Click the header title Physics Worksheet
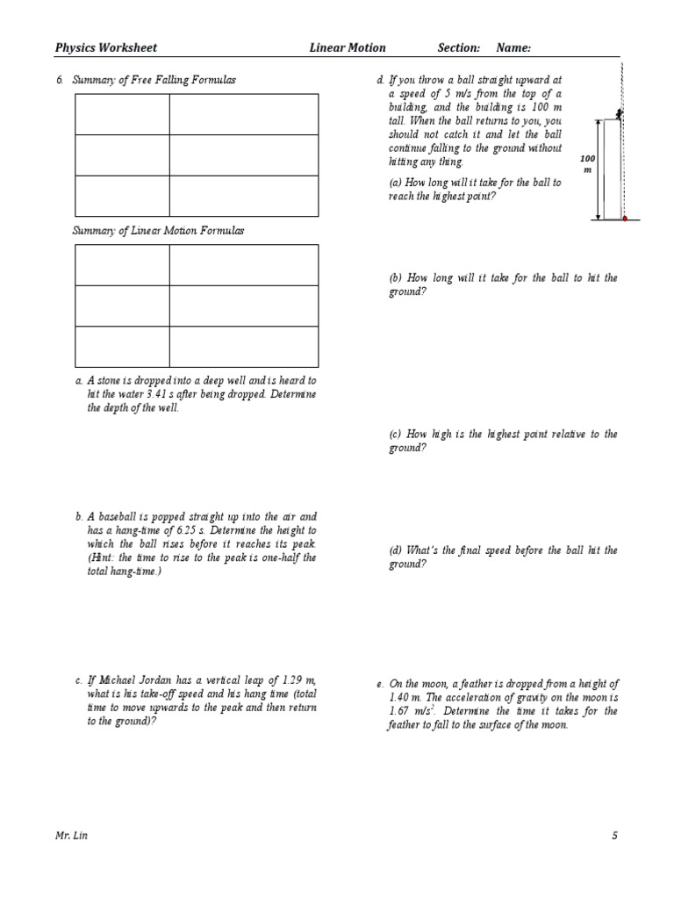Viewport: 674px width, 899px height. coord(106,48)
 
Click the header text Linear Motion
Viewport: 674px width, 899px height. coord(348,48)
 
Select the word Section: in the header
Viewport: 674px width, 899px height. coord(459,48)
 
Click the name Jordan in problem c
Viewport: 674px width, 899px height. coord(152,680)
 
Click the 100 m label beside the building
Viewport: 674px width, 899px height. coord(587,163)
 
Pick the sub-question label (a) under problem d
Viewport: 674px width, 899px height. coord(396,183)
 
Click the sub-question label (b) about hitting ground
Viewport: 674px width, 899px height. coord(396,278)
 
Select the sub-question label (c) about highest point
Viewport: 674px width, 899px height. coord(396,435)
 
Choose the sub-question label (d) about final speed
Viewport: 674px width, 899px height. coord(396,550)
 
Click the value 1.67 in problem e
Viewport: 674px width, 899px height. coord(399,712)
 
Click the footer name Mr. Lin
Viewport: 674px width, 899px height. coord(71,836)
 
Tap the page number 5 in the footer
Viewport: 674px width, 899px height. coord(615,836)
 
